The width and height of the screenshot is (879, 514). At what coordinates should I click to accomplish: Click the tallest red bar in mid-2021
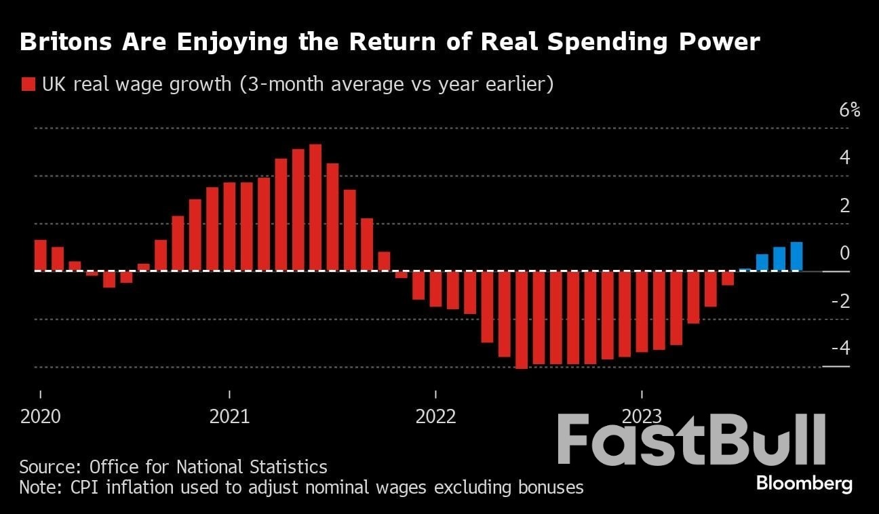(x=315, y=207)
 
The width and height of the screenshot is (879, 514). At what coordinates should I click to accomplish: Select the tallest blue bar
(x=796, y=256)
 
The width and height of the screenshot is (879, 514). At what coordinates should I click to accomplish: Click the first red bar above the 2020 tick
(x=41, y=255)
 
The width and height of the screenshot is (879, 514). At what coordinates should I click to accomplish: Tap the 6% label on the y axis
(x=849, y=111)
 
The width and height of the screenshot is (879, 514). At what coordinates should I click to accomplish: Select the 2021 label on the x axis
(x=229, y=416)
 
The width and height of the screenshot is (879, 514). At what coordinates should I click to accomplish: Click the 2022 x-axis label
(x=436, y=416)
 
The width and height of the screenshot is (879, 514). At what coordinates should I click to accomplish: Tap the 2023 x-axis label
(x=642, y=416)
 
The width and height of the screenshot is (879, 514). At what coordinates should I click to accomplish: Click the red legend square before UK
(x=28, y=85)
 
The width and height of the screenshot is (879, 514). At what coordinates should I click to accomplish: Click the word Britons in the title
(x=62, y=42)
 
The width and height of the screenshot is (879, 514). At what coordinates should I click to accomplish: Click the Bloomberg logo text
(x=804, y=483)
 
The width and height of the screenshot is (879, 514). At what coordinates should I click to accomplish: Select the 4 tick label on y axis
(x=844, y=157)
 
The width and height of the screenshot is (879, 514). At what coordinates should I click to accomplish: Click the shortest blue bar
(x=745, y=269)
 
